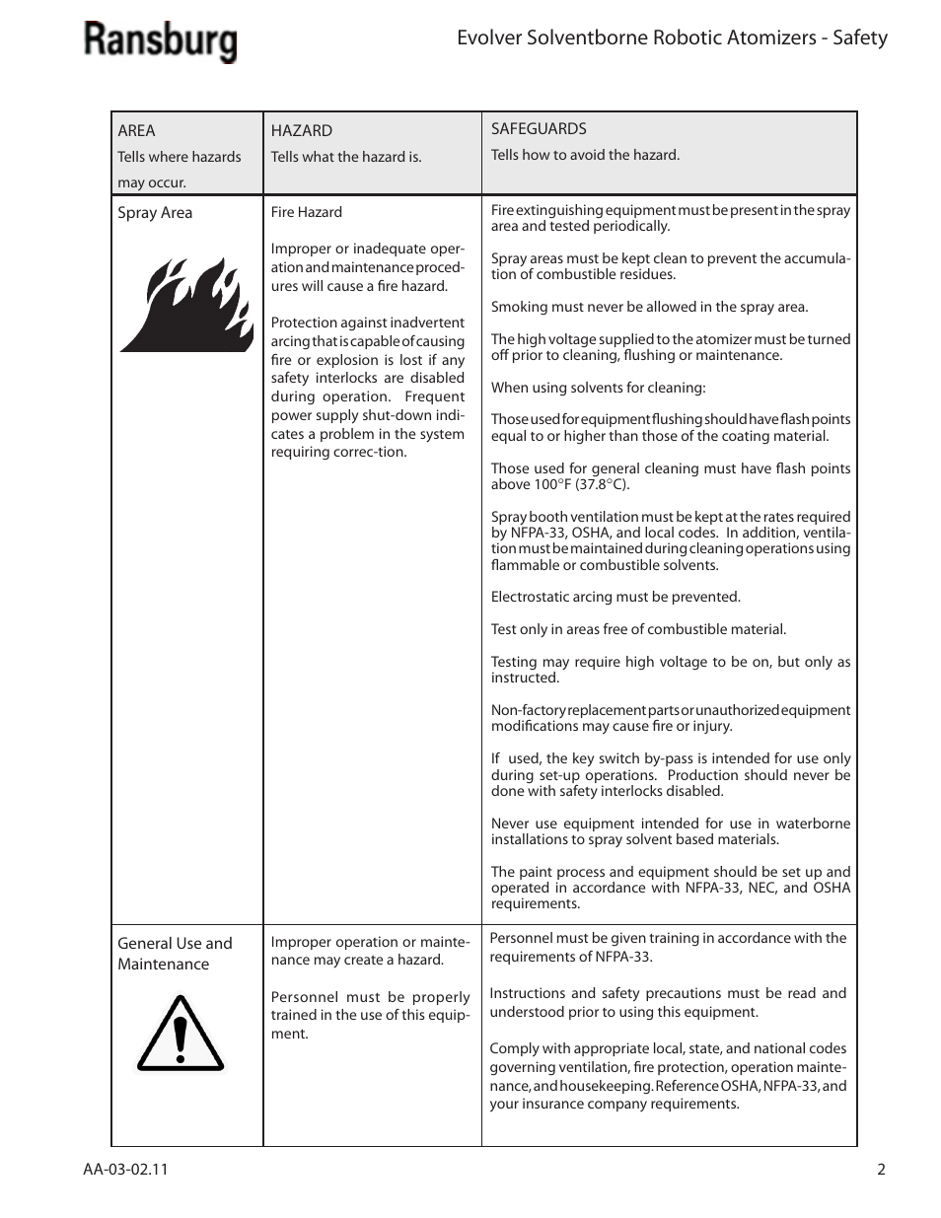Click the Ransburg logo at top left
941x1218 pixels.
pyautogui.click(x=160, y=42)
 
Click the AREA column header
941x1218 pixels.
pyautogui.click(x=136, y=130)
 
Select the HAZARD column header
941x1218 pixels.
pyautogui.click(x=301, y=130)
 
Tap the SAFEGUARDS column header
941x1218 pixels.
pyautogui.click(x=539, y=128)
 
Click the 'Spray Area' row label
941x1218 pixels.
pyautogui.click(x=155, y=213)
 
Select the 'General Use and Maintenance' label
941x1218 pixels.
pyautogui.click(x=175, y=954)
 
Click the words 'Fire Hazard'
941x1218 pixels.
pyautogui.click(x=306, y=212)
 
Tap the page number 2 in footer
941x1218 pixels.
pyautogui.click(x=881, y=1170)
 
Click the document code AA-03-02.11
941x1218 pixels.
pyautogui.click(x=125, y=1170)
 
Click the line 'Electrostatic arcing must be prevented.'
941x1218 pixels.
pyautogui.click(x=615, y=597)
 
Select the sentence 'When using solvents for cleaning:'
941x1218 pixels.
pyautogui.click(x=598, y=388)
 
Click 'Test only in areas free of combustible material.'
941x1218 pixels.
pyautogui.click(x=638, y=629)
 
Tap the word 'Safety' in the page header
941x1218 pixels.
pyautogui.click(x=859, y=38)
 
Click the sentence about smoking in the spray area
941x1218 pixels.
pyautogui.click(x=649, y=307)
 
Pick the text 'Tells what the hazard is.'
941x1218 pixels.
pyautogui.click(x=345, y=157)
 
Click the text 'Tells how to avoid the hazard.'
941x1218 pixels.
pyautogui.click(x=585, y=155)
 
